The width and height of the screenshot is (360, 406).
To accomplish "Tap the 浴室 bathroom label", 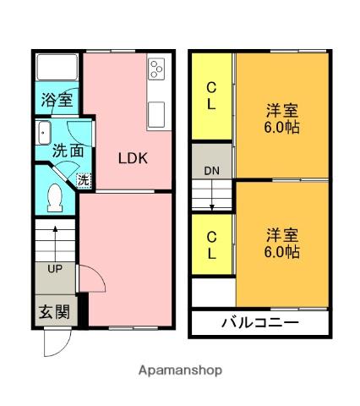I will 57,98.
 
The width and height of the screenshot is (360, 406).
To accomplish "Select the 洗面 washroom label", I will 67,151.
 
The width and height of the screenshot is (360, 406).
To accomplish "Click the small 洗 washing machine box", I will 84,178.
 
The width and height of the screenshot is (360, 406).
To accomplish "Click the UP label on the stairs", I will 54,270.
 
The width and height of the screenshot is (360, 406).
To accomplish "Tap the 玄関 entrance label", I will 52,311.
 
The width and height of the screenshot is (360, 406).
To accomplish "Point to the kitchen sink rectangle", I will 155,112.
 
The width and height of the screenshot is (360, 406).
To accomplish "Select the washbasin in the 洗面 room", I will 44,134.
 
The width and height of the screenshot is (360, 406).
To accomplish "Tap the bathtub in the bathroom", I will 57,67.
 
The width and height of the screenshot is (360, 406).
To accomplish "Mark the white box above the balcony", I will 212,293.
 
